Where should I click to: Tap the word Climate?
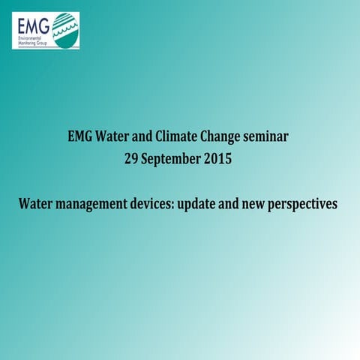click(x=176, y=137)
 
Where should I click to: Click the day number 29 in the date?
click(x=131, y=159)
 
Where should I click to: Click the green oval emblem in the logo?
click(x=65, y=31)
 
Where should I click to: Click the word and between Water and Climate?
click(x=144, y=137)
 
